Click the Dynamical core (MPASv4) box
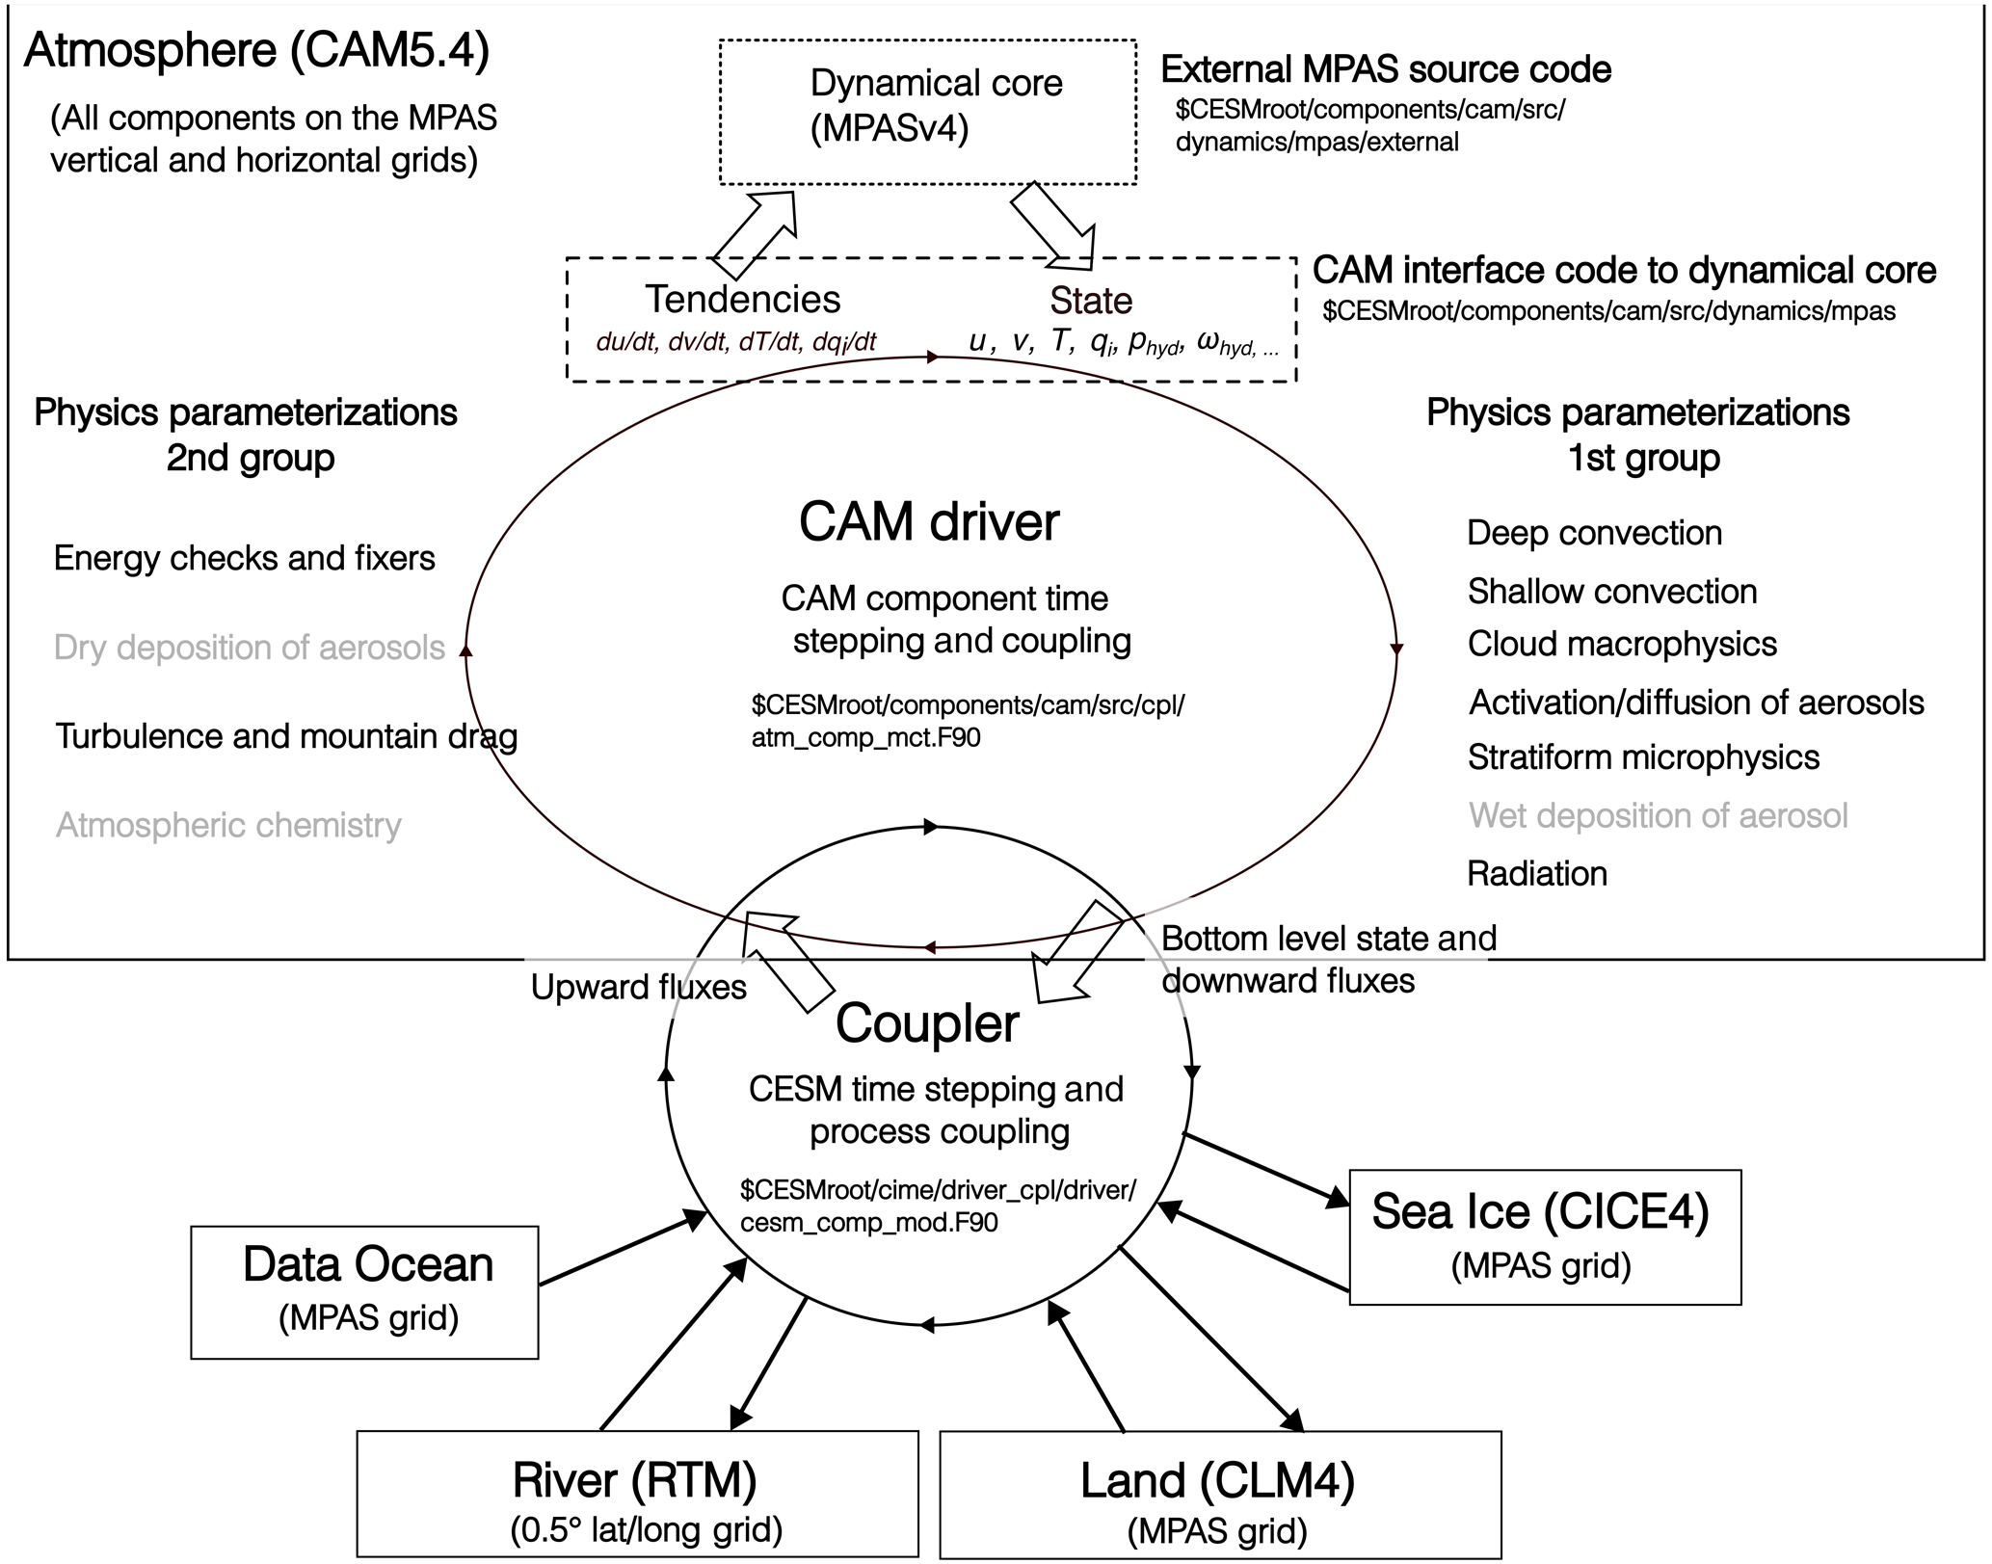tap(928, 111)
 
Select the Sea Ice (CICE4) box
tap(1544, 1236)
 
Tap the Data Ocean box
tap(364, 1291)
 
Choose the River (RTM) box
tap(636, 1493)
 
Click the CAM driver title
tap(929, 522)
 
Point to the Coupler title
tap(927, 1023)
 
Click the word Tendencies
tap(742, 299)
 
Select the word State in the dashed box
tap(1091, 300)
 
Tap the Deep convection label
tap(1594, 533)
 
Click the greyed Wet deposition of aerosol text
tap(1658, 816)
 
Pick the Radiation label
tap(1537, 874)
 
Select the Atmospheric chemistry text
tap(228, 825)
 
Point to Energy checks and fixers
tap(244, 558)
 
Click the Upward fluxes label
tap(638, 987)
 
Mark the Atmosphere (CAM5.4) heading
tap(256, 50)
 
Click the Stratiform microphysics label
tap(1643, 757)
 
